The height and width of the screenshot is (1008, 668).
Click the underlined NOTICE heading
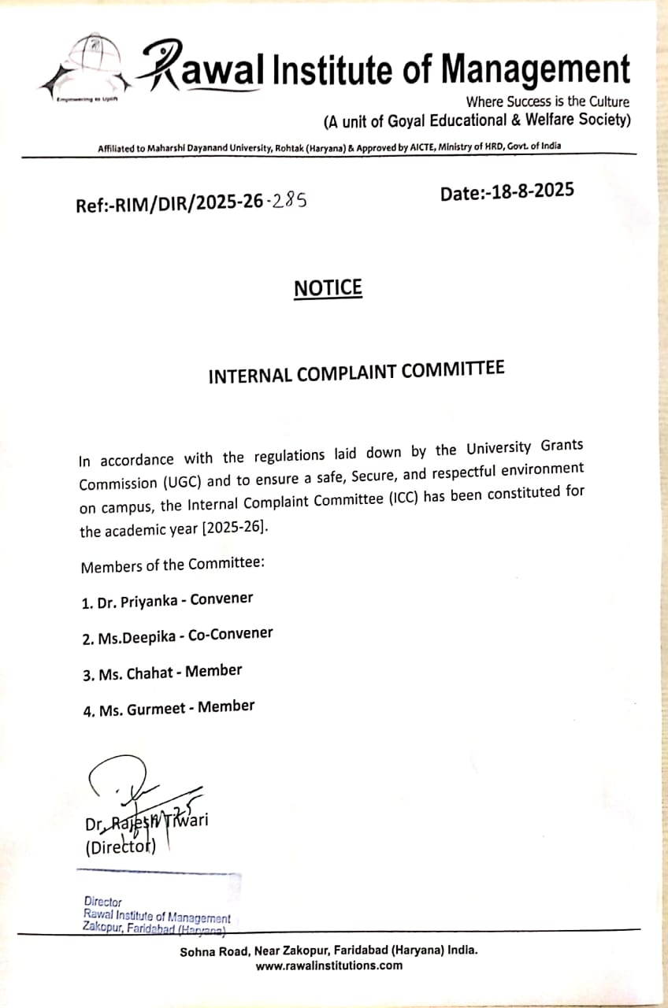pyautogui.click(x=328, y=289)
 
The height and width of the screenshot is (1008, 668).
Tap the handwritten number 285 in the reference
pyautogui.click(x=287, y=202)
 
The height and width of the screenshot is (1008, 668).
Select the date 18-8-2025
pyautogui.click(x=532, y=191)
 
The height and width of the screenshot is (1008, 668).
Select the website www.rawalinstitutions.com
pyautogui.click(x=329, y=965)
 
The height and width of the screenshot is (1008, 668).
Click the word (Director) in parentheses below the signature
pyautogui.click(x=121, y=848)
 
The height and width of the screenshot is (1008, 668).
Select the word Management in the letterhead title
pyautogui.click(x=536, y=69)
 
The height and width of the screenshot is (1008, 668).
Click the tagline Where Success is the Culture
pyautogui.click(x=547, y=102)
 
